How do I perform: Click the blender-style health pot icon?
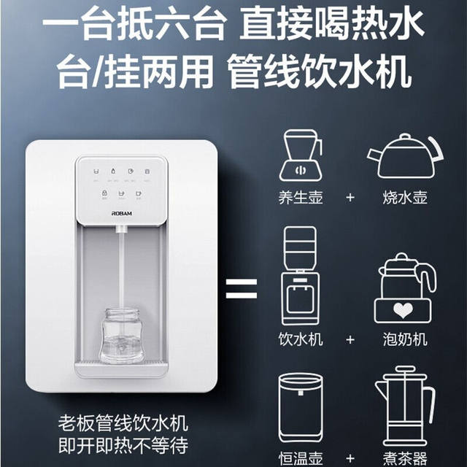pos(300,155)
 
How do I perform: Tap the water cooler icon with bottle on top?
pos(301,277)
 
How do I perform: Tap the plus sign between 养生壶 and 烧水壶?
pos(352,198)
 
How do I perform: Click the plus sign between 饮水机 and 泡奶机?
pos(352,340)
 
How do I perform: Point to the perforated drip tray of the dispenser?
pos(121,363)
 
